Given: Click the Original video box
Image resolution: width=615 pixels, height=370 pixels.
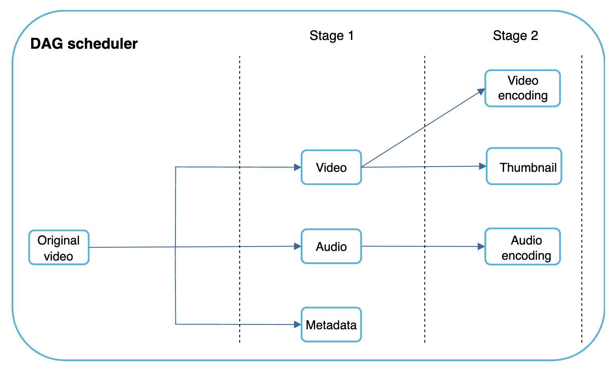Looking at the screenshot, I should [x=59, y=247].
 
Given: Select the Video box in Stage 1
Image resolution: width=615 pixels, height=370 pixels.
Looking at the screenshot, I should [x=331, y=167].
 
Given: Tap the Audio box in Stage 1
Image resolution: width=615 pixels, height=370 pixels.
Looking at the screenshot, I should [x=331, y=247].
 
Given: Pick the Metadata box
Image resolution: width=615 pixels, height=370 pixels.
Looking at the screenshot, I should [x=331, y=324].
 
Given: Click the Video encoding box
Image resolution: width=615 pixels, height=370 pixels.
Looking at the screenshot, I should [x=522, y=88].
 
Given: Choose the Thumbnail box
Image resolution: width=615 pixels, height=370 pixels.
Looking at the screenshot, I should [x=524, y=167].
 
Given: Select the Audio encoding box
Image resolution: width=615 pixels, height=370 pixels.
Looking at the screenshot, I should [x=522, y=247].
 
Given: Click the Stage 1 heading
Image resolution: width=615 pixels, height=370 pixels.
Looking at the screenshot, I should [x=331, y=36].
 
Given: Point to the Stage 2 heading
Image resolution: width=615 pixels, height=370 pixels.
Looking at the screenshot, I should [x=515, y=36].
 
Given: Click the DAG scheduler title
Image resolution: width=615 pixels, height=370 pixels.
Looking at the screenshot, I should [x=84, y=44].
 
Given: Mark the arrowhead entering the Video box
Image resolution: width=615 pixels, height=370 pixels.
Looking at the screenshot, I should [x=298, y=167].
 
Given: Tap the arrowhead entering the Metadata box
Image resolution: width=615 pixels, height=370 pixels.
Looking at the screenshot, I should [x=298, y=324].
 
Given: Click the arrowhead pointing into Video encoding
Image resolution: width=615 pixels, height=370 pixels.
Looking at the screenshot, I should [x=481, y=92].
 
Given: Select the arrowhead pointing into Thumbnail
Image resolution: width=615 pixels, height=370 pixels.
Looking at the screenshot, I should [x=483, y=166].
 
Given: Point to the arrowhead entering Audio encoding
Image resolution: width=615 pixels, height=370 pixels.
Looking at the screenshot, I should [x=481, y=247].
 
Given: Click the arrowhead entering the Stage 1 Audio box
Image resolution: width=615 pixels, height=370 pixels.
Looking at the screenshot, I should [x=298, y=247].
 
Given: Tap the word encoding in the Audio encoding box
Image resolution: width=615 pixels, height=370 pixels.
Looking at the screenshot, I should [x=526, y=255].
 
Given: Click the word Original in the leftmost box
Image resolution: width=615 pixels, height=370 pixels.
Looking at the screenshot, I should [x=59, y=240].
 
